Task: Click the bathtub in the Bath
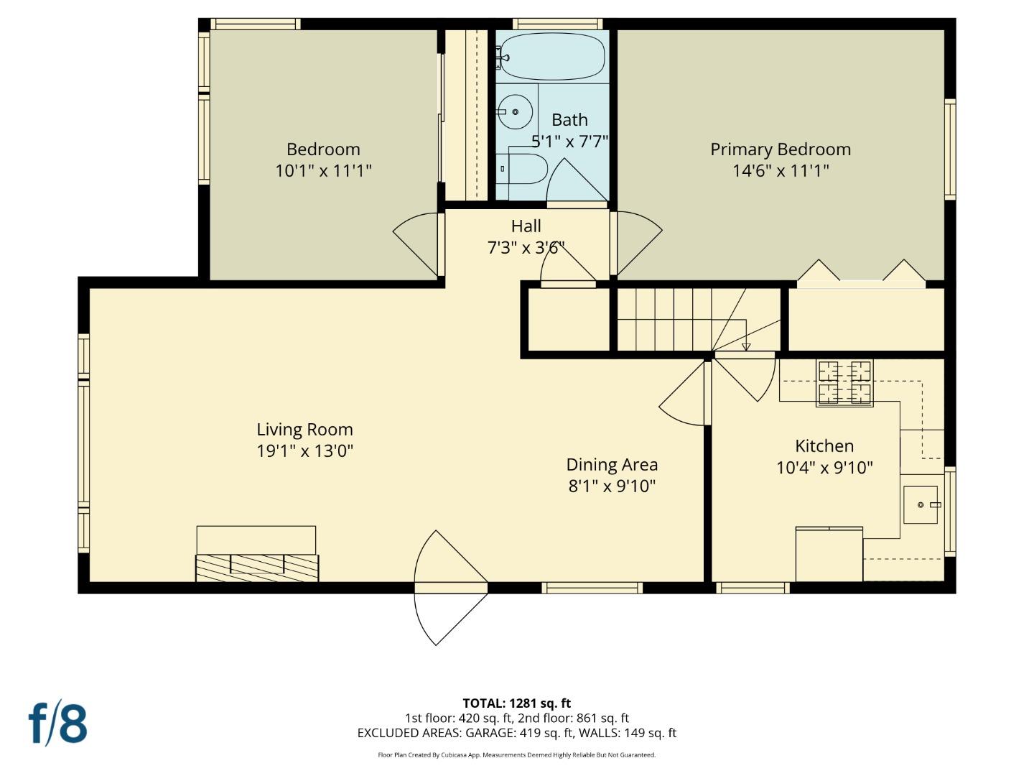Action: pyautogui.click(x=551, y=57)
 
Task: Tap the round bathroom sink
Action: pyautogui.click(x=515, y=112)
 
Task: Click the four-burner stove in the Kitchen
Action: pyautogui.click(x=844, y=382)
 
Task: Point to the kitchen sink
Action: pyautogui.click(x=920, y=504)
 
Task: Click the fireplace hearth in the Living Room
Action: pyautogui.click(x=257, y=567)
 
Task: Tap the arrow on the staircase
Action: pyautogui.click(x=746, y=347)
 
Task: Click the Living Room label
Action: pyautogui.click(x=304, y=430)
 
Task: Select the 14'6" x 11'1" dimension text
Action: pyautogui.click(x=781, y=171)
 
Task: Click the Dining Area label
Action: pyautogui.click(x=612, y=465)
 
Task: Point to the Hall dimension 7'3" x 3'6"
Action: pyautogui.click(x=526, y=249)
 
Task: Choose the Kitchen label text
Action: pyautogui.click(x=824, y=446)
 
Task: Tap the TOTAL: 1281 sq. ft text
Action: pyautogui.click(x=516, y=703)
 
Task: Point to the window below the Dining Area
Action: pyautogui.click(x=592, y=588)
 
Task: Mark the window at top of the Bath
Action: pyautogui.click(x=557, y=24)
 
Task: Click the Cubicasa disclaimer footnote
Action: pyautogui.click(x=516, y=755)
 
